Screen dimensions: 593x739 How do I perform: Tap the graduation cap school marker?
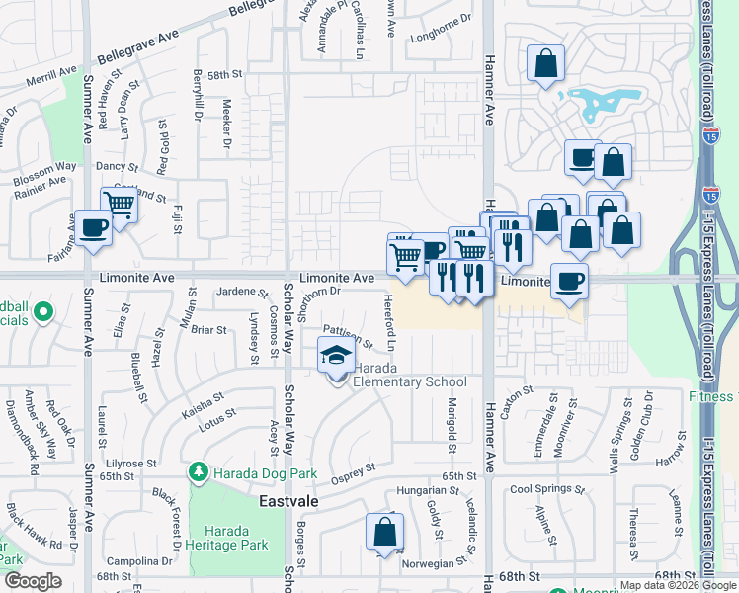[x=336, y=354]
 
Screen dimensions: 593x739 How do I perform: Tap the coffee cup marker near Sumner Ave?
[x=94, y=227]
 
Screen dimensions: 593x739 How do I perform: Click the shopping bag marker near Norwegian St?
[x=384, y=532]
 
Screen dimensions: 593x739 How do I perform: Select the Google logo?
[x=32, y=581]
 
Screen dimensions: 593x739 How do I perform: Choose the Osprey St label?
[x=358, y=469]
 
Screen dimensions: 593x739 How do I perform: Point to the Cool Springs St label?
[x=548, y=489]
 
